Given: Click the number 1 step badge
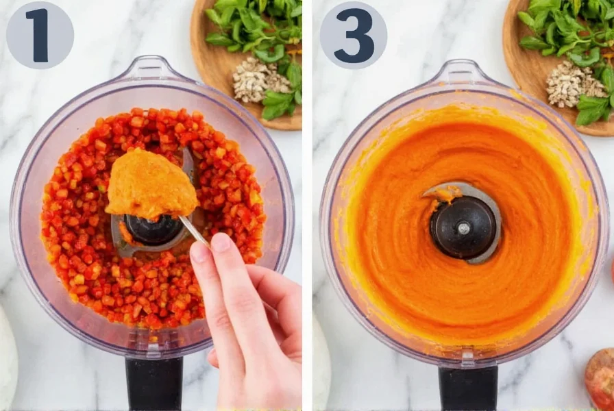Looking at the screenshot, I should click(x=40, y=35).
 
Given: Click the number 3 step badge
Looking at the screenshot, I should click(x=353, y=35).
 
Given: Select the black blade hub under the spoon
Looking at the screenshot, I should click(x=153, y=230).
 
